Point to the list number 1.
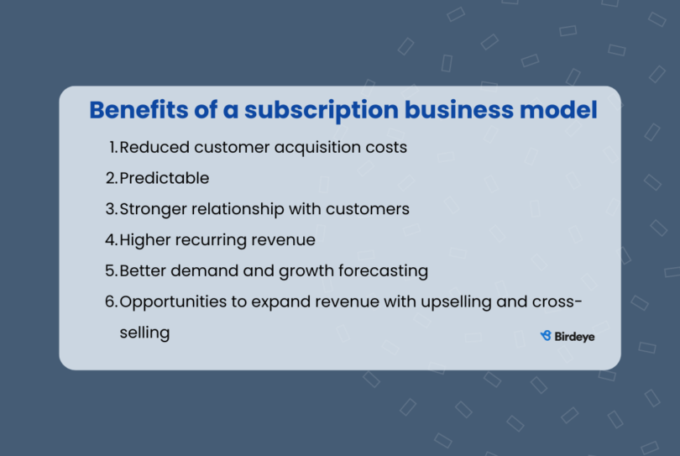click(113, 147)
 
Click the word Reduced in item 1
click(154, 147)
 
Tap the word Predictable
click(165, 178)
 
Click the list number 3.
click(112, 209)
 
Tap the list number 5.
click(112, 271)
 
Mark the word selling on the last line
click(144, 333)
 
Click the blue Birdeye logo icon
click(546, 336)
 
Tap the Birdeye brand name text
click(575, 336)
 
